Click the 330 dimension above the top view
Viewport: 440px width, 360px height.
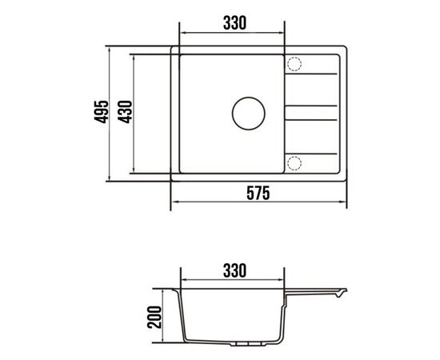pos(234,23)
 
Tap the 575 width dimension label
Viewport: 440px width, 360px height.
pos(258,193)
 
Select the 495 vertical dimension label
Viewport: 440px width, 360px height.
pos(101,111)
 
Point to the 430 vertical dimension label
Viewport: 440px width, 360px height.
pos(125,112)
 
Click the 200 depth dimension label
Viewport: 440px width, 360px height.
pos(154,317)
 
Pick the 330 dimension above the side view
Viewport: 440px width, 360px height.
pos(234,270)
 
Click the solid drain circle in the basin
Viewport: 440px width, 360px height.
pos(248,114)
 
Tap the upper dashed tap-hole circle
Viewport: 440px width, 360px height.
pos(294,64)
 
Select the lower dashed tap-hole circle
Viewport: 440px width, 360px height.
pos(294,163)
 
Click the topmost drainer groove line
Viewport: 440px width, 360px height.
pos(311,74)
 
